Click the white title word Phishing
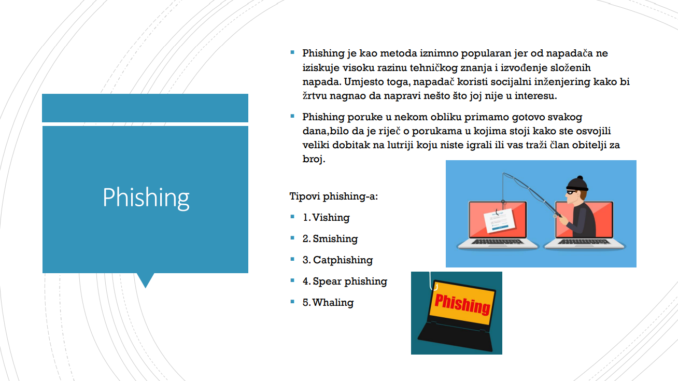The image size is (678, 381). (x=146, y=197)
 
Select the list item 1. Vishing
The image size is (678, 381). (x=326, y=217)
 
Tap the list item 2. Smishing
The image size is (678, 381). (x=330, y=238)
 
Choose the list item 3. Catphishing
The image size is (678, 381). (x=338, y=260)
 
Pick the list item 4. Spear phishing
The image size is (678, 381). (x=345, y=281)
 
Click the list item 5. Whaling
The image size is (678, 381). (x=328, y=302)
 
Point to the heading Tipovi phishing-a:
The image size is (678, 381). (x=333, y=196)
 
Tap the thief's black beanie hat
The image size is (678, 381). (x=577, y=183)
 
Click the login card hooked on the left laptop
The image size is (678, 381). (x=499, y=221)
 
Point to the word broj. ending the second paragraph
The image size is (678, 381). (x=314, y=159)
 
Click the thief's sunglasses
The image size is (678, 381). (x=571, y=192)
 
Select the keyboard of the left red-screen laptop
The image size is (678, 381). (x=497, y=242)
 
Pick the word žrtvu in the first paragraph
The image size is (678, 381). (x=315, y=96)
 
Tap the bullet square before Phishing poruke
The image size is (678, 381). (x=292, y=116)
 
